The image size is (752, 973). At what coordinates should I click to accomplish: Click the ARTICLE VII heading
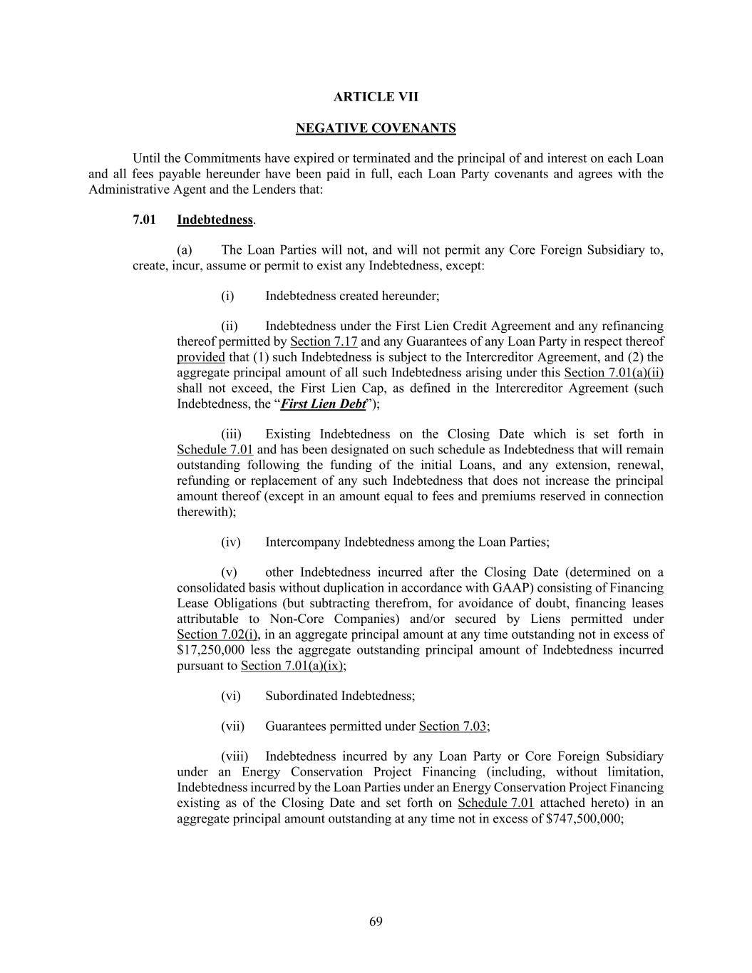click(x=376, y=97)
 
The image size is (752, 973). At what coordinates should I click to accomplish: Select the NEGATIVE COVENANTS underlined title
click(x=376, y=128)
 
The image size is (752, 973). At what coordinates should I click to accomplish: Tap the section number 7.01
click(x=144, y=220)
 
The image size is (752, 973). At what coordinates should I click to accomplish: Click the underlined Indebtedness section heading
click(x=215, y=220)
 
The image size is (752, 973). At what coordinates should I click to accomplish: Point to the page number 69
click(x=376, y=922)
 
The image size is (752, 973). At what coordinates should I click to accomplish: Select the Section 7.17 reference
click(x=324, y=341)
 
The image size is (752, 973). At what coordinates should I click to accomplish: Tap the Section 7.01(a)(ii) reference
click(x=614, y=373)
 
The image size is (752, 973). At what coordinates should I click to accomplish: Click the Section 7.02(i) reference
click(x=217, y=634)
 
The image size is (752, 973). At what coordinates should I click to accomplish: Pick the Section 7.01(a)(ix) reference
click(x=292, y=666)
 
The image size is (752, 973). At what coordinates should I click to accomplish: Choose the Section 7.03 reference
click(x=453, y=726)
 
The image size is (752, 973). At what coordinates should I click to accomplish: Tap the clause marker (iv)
click(x=231, y=542)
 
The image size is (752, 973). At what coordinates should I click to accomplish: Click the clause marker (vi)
click(x=231, y=696)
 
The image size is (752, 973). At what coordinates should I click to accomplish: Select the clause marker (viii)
click(x=233, y=756)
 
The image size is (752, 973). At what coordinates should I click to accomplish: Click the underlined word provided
click(x=200, y=357)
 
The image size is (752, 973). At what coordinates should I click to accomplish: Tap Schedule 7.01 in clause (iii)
click(x=215, y=450)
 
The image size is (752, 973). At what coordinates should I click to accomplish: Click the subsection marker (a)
click(x=185, y=250)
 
